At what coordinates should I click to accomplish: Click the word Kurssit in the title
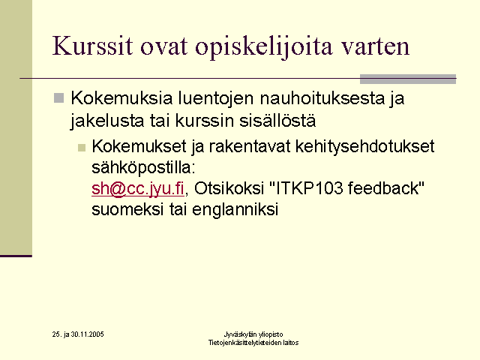[x=93, y=46]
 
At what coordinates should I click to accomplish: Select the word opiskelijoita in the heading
[x=263, y=47]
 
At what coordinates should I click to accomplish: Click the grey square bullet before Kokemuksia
[x=58, y=98]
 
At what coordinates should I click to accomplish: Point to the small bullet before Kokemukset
[x=82, y=148]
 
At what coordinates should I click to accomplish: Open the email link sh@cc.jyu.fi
[x=138, y=188]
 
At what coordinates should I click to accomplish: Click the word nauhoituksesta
[x=322, y=98]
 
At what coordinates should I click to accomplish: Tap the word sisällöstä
[x=277, y=120]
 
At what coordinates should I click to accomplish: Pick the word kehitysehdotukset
[x=365, y=147]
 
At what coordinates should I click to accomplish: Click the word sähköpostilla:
[x=143, y=168]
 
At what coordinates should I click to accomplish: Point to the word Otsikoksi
[x=229, y=188]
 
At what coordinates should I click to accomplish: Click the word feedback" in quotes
[x=386, y=188]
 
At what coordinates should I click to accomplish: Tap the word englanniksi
[x=235, y=210]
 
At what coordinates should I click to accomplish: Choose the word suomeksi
[x=127, y=210]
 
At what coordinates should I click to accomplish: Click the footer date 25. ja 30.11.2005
[x=78, y=334]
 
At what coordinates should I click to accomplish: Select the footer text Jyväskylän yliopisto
[x=253, y=334]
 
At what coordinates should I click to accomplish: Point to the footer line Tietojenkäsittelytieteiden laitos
[x=253, y=343]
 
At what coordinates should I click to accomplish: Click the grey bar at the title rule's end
[x=408, y=79]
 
